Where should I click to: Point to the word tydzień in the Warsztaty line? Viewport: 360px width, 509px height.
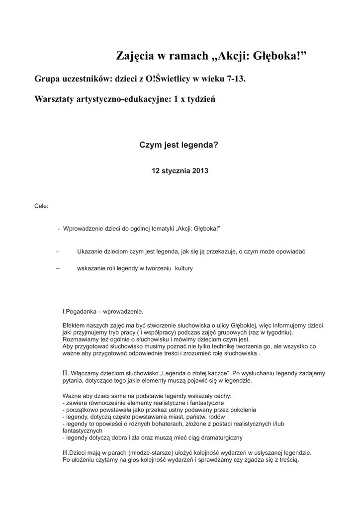(x=201, y=99)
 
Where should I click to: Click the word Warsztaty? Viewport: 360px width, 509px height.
(x=54, y=99)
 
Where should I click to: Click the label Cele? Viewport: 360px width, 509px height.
(x=41, y=205)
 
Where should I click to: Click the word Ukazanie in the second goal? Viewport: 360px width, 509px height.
(x=90, y=252)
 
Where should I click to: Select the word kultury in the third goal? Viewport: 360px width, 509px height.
(x=183, y=268)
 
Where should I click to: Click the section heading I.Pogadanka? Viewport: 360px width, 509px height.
(x=79, y=312)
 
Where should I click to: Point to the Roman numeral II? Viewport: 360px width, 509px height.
(x=65, y=372)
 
